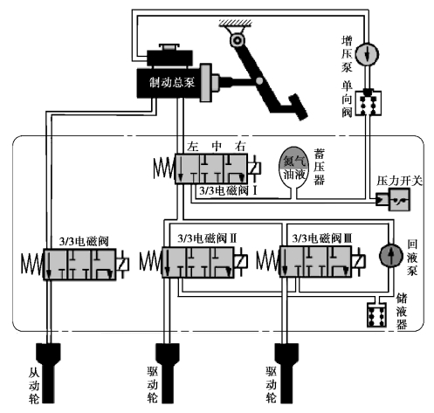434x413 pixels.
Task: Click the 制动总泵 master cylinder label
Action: point(172,82)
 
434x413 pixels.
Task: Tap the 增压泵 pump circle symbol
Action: point(368,54)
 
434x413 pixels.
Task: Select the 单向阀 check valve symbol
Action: point(368,103)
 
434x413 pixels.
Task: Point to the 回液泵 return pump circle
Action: point(391,255)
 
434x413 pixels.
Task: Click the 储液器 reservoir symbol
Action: point(376,315)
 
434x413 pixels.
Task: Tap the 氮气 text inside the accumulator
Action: point(294,161)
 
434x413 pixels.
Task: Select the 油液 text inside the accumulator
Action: point(294,174)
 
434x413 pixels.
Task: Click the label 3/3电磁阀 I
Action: point(228,190)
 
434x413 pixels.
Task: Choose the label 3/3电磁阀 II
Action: point(207,238)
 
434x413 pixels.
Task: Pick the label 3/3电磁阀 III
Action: point(322,238)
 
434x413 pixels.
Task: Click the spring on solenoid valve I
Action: point(164,169)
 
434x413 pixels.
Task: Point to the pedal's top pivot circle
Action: point(238,40)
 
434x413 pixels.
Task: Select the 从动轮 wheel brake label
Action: point(34,385)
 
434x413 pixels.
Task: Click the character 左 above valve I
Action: point(193,146)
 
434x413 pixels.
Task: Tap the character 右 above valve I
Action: point(240,146)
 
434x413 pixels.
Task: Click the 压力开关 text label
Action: point(399,181)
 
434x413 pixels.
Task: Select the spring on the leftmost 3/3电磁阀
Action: point(32,264)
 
